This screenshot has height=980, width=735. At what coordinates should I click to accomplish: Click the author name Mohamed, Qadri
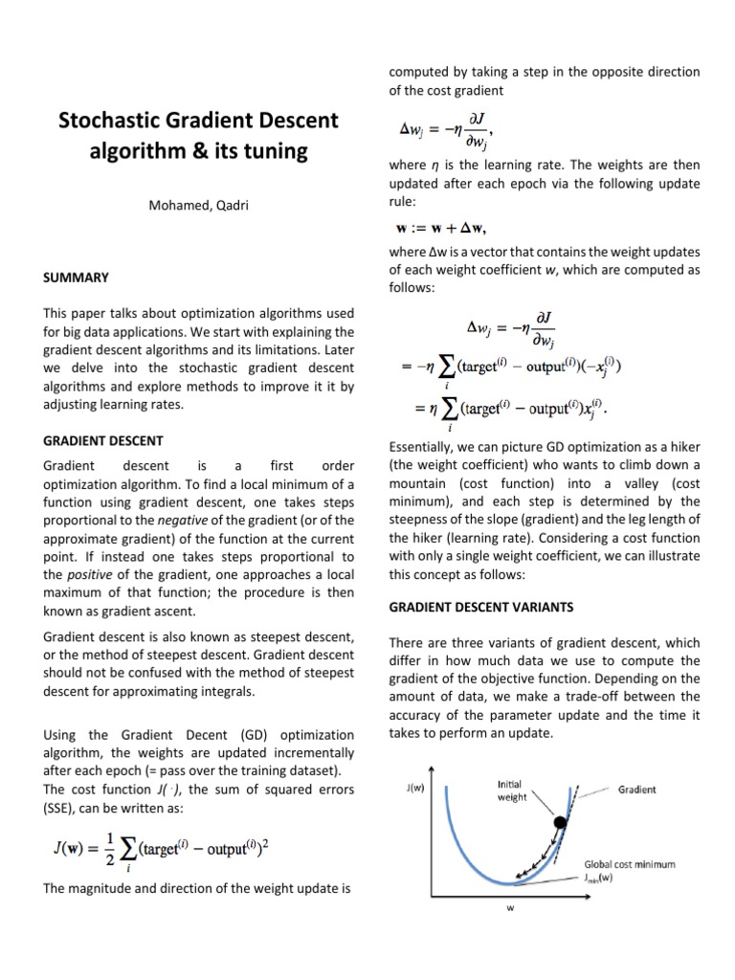[199, 205]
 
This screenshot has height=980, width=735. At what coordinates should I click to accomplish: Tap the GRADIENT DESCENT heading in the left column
[103, 440]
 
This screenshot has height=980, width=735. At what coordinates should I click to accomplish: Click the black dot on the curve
[560, 822]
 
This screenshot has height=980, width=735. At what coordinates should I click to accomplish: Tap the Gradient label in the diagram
[636, 790]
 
